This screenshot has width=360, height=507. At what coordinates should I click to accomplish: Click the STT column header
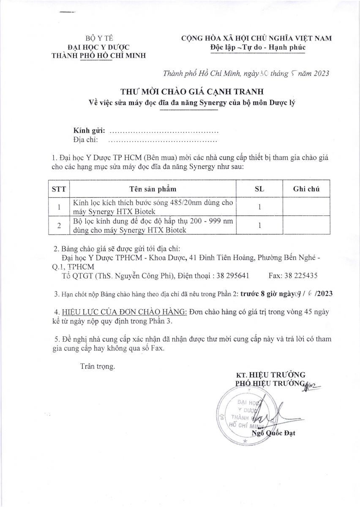(x=58, y=189)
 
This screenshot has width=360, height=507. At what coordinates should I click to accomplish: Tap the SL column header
(x=259, y=189)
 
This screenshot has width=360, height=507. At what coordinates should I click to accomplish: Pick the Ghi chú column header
(x=306, y=189)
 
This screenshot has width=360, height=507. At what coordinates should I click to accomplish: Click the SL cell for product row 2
(x=259, y=226)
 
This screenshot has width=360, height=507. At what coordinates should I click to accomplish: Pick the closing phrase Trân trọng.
(x=98, y=366)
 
